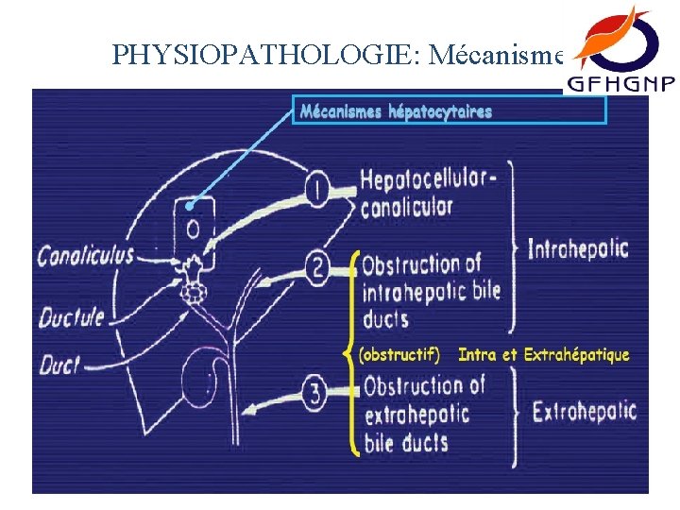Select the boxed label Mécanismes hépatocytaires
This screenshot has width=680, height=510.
point(397,111)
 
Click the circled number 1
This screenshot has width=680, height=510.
point(319,191)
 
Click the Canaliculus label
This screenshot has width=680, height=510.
point(86,255)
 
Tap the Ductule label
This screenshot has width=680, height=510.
point(71,316)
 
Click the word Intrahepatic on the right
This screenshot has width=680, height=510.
point(577,250)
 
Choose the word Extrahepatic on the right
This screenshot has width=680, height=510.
point(584,413)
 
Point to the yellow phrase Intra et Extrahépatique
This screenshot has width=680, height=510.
point(543,355)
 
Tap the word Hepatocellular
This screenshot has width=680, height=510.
point(428,180)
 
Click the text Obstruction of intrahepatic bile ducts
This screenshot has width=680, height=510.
point(430,290)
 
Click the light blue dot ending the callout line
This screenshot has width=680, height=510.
point(190,205)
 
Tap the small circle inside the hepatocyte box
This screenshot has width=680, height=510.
point(193,229)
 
